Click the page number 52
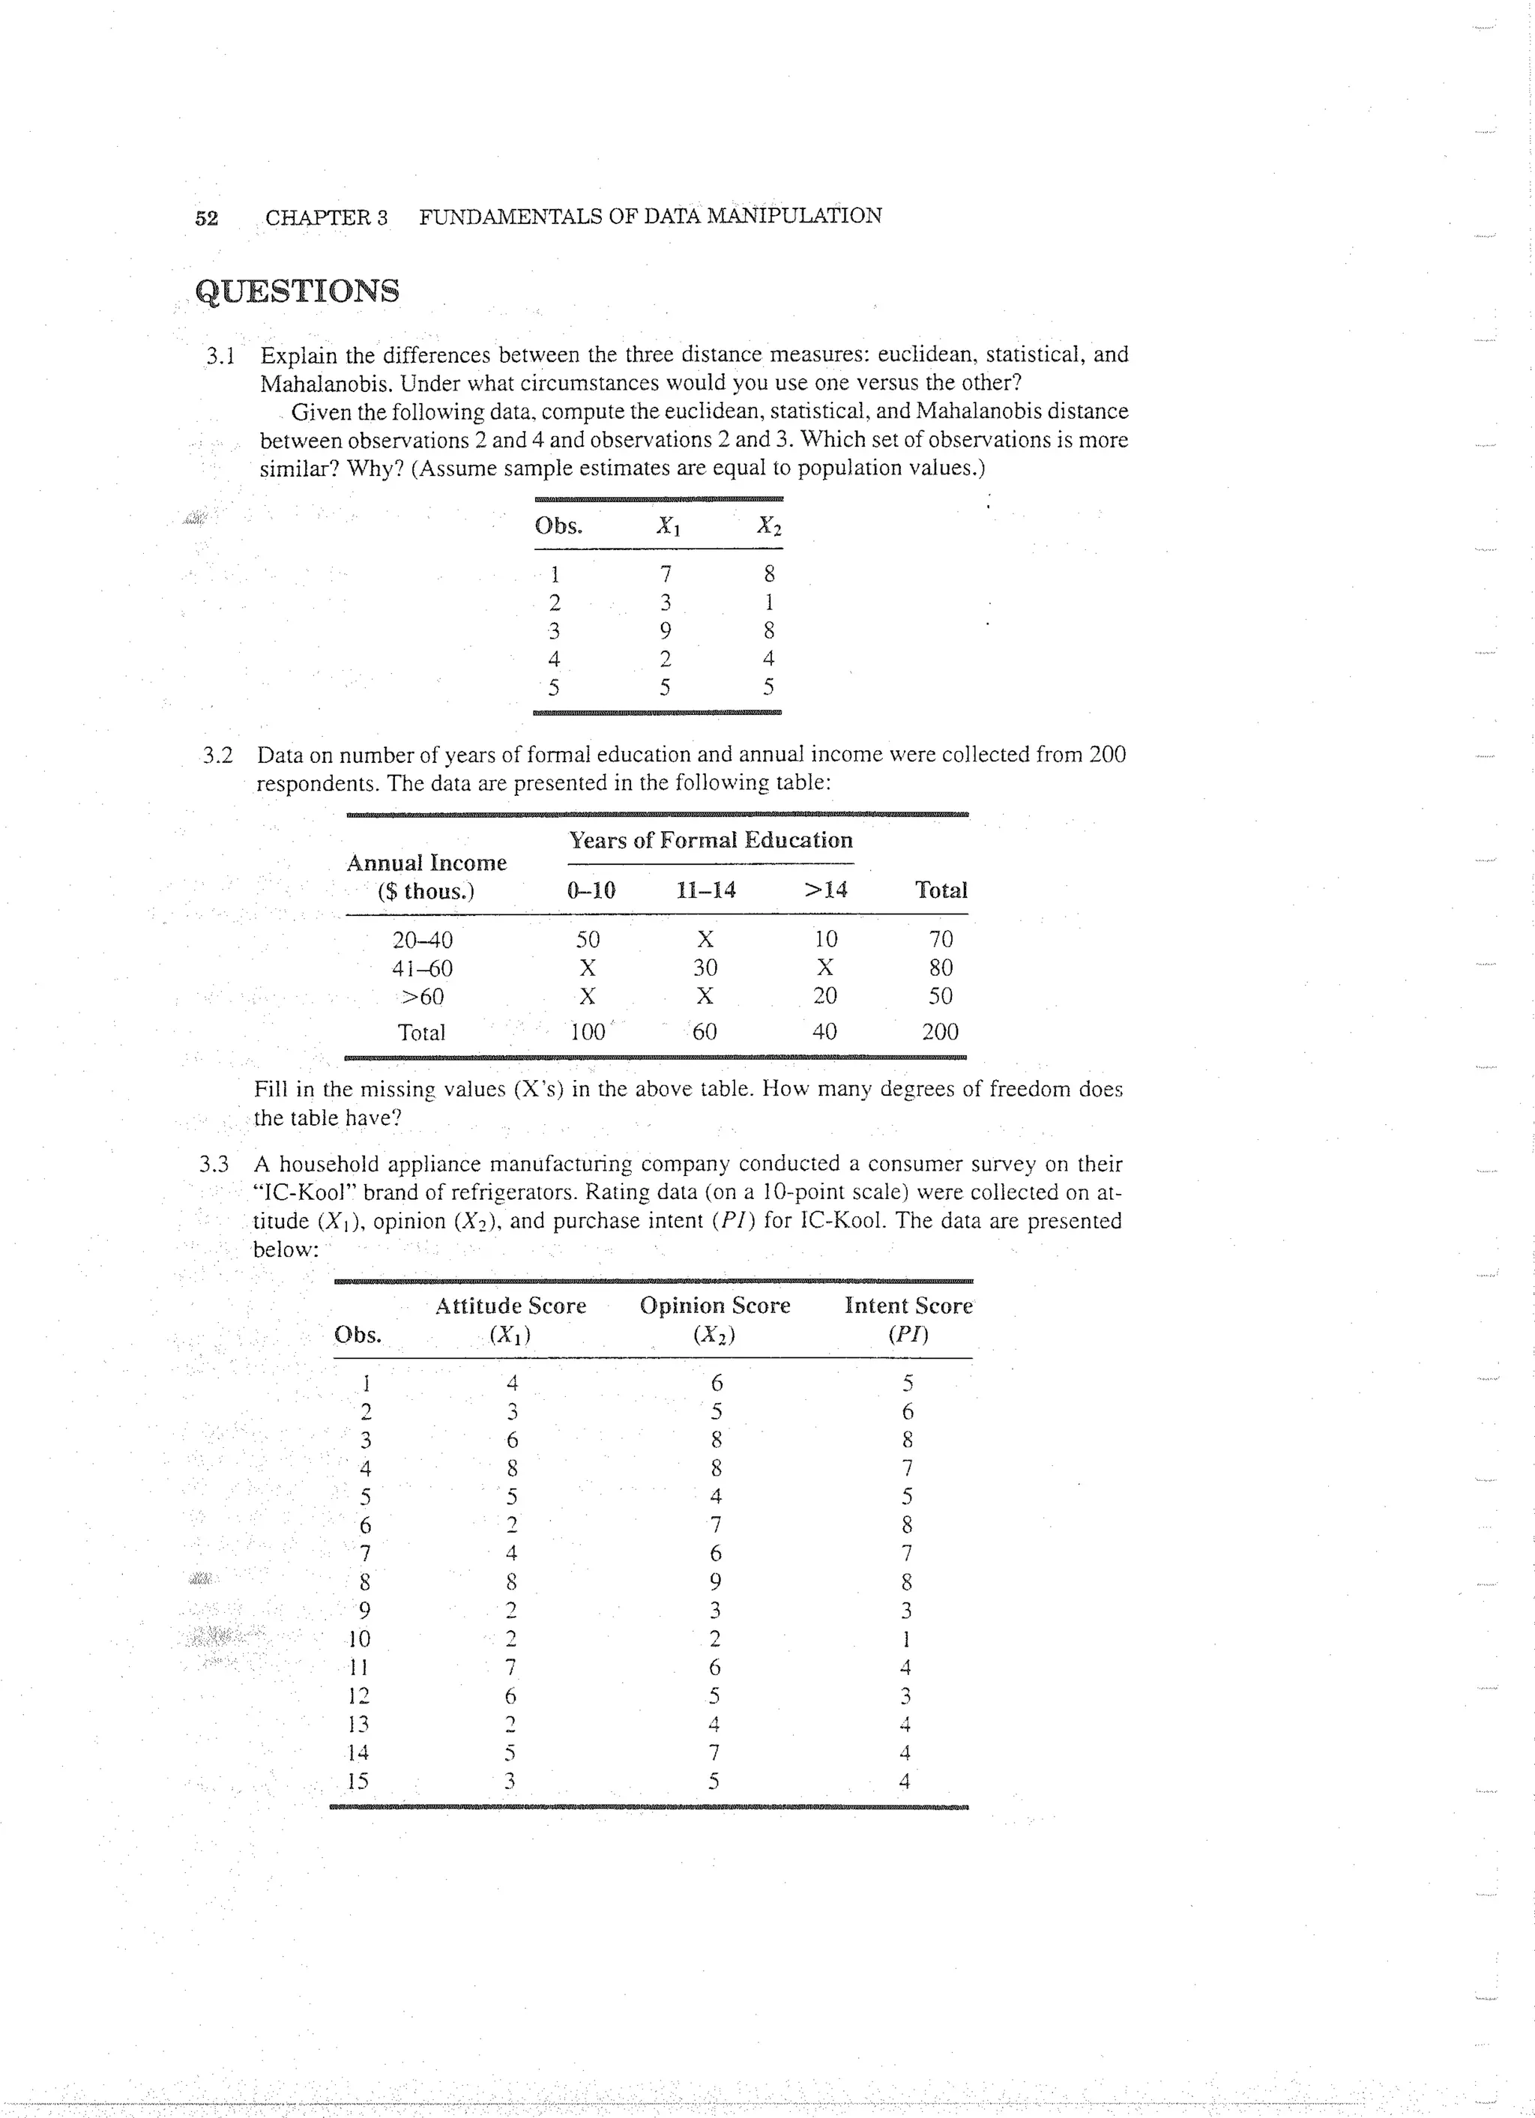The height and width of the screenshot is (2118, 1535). pos(206,217)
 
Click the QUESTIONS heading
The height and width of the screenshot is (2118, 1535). pos(298,292)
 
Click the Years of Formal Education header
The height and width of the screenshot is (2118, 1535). pos(711,840)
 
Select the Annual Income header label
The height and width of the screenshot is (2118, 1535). pos(426,863)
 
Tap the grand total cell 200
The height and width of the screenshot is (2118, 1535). pos(939,1032)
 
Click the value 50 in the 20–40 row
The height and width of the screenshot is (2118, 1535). pos(588,938)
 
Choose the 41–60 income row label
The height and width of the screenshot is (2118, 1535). pos(422,968)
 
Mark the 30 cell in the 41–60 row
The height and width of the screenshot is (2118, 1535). pos(705,968)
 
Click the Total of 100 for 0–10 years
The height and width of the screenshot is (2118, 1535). pos(588,1032)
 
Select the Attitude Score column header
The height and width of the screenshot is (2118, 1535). pos(510,1306)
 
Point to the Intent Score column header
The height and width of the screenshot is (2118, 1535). pos(908,1306)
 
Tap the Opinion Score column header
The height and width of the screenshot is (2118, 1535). pos(714,1306)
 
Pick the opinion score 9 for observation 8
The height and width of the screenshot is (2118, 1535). pos(715,1582)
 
